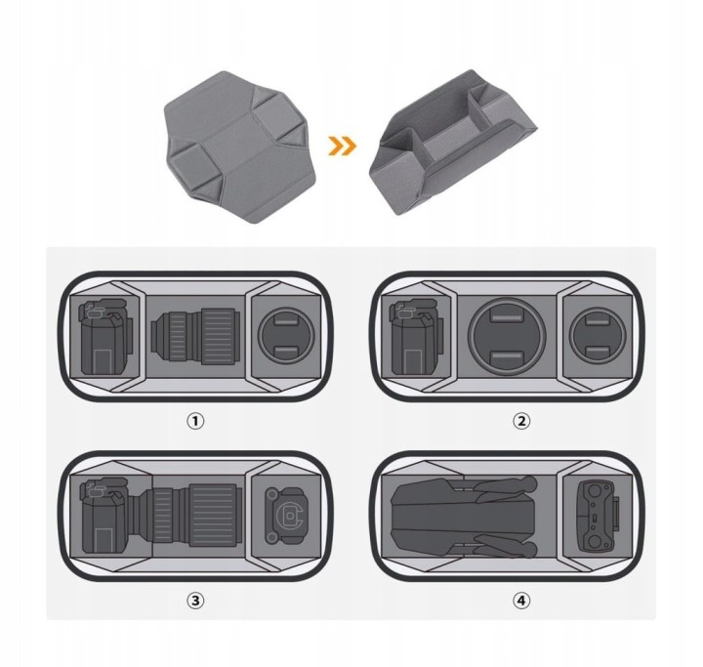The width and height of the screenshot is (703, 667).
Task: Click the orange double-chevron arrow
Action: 342,146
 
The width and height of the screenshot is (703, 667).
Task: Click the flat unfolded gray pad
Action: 240,147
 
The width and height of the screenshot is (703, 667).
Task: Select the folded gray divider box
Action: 453,142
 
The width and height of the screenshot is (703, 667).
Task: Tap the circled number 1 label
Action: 195,421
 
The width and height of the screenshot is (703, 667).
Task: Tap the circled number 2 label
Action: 521,421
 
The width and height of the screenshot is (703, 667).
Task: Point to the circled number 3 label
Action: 195,601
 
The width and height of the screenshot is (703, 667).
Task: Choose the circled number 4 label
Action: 521,601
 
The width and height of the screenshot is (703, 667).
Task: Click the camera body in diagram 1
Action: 106,336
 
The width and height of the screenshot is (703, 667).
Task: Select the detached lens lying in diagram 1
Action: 195,336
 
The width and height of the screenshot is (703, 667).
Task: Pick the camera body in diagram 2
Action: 417,337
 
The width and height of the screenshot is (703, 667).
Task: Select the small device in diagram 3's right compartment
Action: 286,516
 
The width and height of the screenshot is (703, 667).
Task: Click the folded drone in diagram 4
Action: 464,517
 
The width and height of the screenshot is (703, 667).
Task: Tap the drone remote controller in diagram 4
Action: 599,517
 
